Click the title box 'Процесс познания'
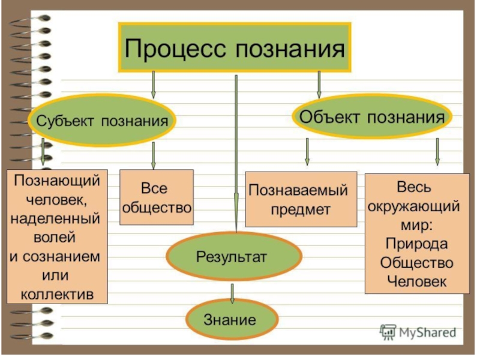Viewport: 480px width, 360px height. click(x=235, y=47)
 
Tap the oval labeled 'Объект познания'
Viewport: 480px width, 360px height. click(x=372, y=116)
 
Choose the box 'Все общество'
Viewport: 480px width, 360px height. click(x=157, y=197)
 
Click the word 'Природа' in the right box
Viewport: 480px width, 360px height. click(x=417, y=245)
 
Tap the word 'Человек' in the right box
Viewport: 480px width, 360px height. click(x=417, y=281)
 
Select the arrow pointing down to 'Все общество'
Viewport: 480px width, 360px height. click(x=154, y=155)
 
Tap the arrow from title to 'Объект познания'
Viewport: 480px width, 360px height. click(x=319, y=84)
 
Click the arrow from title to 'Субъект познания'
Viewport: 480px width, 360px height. click(x=154, y=84)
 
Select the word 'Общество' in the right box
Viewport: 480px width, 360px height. click(x=417, y=263)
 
